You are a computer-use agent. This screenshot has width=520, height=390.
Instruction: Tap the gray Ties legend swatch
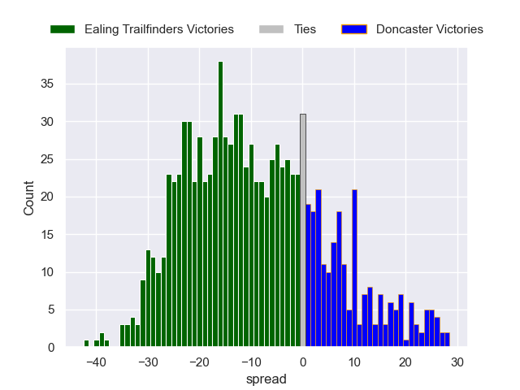pos(271,29)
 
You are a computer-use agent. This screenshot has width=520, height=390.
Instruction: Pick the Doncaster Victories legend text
pos(430,29)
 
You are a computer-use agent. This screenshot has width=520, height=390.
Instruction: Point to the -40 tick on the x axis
pos(96,362)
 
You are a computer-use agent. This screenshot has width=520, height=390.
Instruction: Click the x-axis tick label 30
pos(457,362)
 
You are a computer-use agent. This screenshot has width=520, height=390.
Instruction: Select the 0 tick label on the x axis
pos(303,362)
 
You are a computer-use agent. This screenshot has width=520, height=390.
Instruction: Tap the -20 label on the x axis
pos(199,362)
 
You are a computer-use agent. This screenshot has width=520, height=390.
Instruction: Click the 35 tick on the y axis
pos(48,84)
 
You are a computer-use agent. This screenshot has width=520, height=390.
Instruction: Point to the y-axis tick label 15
pos(48,235)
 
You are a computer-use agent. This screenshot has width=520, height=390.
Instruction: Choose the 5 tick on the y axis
pos(51,310)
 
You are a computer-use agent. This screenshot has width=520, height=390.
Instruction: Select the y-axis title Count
pos(29,197)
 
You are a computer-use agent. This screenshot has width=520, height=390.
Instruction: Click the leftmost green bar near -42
pos(86,344)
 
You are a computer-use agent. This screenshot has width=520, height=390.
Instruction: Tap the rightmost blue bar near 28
pos(447,340)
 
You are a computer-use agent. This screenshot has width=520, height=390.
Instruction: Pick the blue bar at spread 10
pos(354,268)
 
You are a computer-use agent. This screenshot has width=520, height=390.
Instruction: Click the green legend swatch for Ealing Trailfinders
pos(63,29)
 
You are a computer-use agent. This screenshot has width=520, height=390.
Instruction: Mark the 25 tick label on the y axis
pos(48,159)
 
